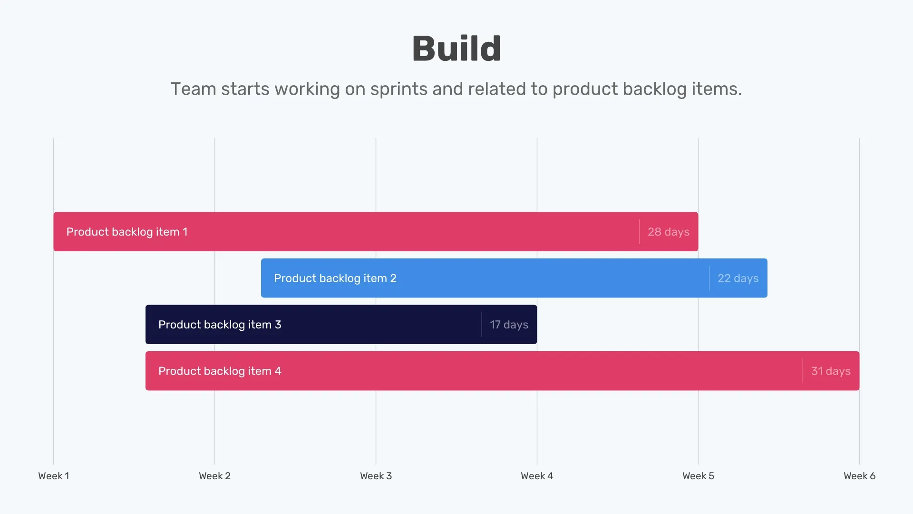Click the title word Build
456,49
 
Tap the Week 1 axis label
54,476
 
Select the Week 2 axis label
214,476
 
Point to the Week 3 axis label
376,476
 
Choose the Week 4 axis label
537,476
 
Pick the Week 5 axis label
698,476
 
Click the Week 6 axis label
859,476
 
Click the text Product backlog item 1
127,232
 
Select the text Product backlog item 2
335,278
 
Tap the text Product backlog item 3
220,325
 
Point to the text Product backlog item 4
220,371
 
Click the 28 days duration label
668,232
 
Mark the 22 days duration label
738,278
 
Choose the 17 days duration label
509,325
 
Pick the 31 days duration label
831,371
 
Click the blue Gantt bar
523,278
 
